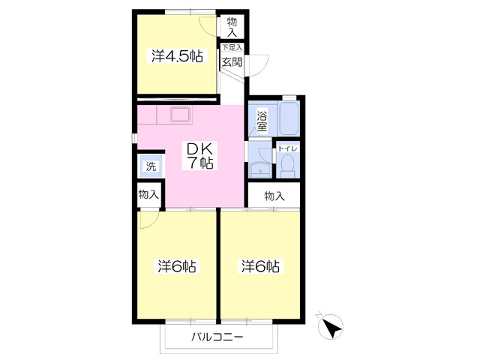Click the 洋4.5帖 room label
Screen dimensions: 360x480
(x=177, y=56)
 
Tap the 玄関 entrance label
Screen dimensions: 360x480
(x=230, y=61)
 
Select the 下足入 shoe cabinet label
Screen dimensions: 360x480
(x=231, y=47)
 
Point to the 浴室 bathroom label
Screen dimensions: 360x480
(x=262, y=121)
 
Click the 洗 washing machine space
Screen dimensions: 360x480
(x=150, y=166)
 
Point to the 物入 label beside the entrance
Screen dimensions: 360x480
(x=232, y=26)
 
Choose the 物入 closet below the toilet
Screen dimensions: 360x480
(x=275, y=196)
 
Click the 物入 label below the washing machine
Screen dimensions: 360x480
(x=148, y=194)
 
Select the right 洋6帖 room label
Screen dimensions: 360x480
(x=261, y=266)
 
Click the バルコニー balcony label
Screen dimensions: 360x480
(x=217, y=338)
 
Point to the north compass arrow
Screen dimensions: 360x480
(x=331, y=328)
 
